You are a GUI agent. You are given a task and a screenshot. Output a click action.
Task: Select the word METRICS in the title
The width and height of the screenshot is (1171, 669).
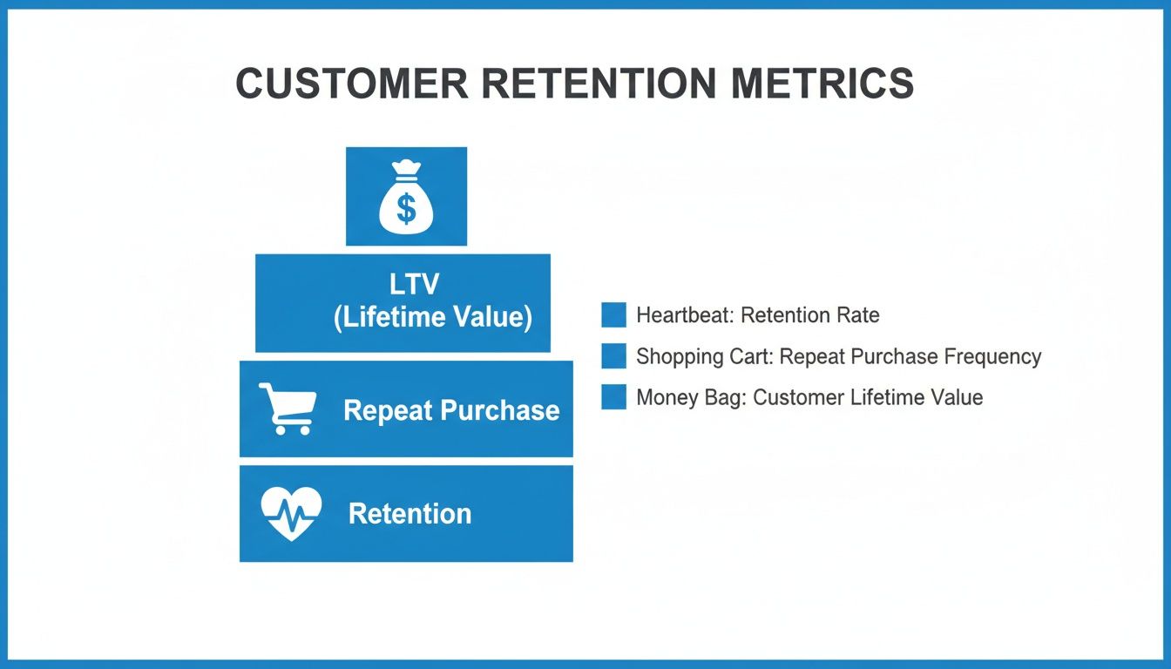[822, 84]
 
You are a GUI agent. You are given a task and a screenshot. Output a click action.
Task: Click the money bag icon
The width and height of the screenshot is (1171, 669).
[406, 197]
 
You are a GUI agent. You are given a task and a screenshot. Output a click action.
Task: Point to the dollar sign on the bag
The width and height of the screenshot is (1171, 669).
[406, 208]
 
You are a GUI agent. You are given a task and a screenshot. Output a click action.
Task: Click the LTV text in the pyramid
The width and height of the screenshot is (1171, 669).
[415, 284]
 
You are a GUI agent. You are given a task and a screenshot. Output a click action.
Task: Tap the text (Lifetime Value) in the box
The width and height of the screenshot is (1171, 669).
[432, 317]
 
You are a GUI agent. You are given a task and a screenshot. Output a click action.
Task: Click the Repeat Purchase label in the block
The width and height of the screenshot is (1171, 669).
[451, 410]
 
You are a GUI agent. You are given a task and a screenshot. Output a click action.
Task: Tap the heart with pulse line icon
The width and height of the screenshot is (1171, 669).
[291, 513]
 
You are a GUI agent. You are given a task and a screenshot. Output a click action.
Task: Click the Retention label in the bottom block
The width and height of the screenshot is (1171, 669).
[410, 514]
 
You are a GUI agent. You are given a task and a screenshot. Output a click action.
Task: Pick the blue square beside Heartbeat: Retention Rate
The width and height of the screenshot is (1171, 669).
[613, 315]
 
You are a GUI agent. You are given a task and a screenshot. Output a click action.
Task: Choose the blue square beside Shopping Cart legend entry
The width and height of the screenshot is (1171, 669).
[613, 356]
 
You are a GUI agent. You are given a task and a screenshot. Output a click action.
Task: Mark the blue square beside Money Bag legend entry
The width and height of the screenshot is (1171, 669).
[613, 397]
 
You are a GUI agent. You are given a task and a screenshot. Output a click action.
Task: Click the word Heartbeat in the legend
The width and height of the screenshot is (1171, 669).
[684, 315]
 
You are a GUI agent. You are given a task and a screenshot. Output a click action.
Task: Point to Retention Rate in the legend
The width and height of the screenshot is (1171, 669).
[809, 315]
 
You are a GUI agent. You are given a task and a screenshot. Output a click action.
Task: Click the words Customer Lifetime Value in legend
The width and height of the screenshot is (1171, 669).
[868, 398]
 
